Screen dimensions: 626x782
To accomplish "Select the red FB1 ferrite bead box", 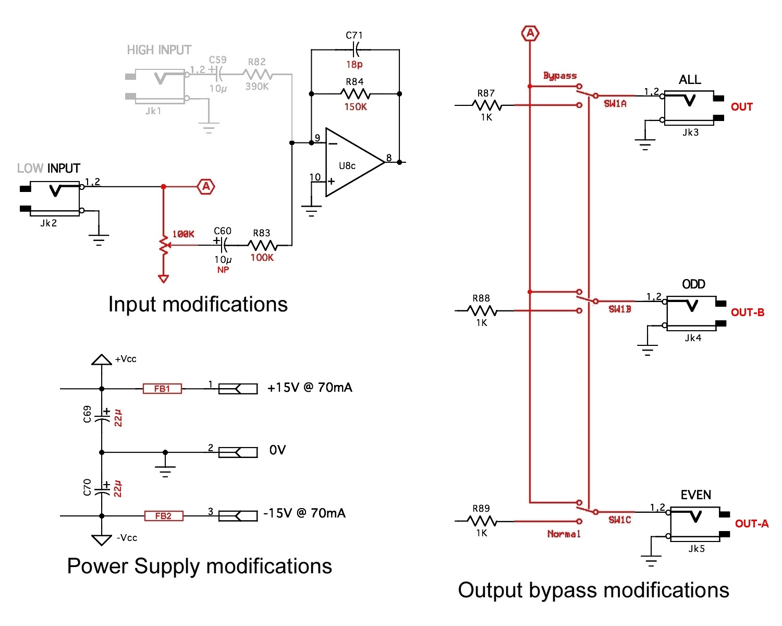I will (x=162, y=389).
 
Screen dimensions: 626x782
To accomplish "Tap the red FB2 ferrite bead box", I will (x=163, y=516).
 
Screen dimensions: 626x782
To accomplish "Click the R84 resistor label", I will (x=355, y=82).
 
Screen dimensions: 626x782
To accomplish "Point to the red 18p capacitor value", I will (x=355, y=65).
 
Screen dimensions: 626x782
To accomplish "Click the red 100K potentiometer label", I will (x=183, y=234).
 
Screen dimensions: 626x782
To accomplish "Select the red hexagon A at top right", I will (x=530, y=33).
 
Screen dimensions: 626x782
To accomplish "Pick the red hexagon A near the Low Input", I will (x=206, y=186).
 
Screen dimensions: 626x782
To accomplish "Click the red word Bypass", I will (x=560, y=76).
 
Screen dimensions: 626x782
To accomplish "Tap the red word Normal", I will (x=564, y=534).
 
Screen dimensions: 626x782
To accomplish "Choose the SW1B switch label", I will (x=620, y=309).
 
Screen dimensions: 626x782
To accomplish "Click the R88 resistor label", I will (x=481, y=298).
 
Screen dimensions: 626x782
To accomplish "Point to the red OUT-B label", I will (x=748, y=312).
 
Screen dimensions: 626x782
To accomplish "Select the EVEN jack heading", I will (x=696, y=495).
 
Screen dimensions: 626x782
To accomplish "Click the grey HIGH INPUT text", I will (x=159, y=50).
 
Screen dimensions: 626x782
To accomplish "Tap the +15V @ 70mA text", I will (x=310, y=388).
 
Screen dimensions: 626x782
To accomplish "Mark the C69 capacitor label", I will (x=88, y=414).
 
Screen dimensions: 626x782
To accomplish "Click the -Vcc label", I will (x=127, y=538).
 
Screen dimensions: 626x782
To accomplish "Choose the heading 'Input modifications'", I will (x=198, y=304).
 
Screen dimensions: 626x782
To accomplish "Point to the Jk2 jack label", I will (x=48, y=223).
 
